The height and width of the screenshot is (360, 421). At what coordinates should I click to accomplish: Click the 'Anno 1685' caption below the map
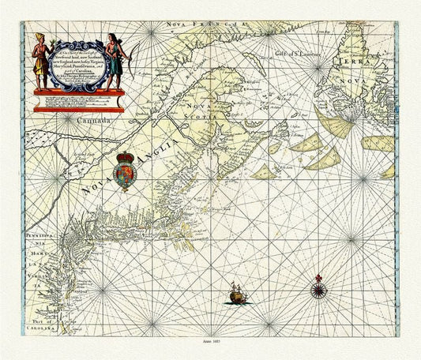pos(212,347)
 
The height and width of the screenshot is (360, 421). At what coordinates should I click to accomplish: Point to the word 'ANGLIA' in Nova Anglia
pos(146,161)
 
